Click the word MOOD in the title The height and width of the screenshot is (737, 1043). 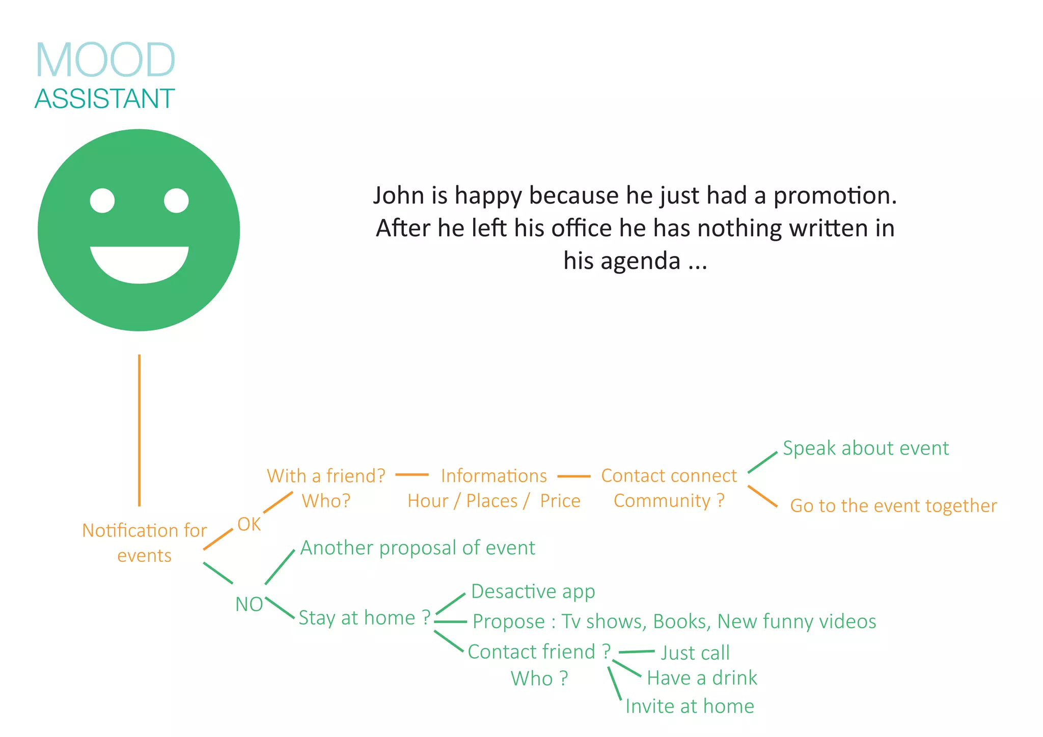(x=105, y=60)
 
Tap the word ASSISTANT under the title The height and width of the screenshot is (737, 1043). (x=104, y=99)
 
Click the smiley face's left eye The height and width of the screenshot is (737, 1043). (x=102, y=201)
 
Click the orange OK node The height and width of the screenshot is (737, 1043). (x=249, y=524)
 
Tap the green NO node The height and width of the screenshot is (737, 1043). (x=249, y=605)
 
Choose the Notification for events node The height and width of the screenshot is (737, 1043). (x=144, y=543)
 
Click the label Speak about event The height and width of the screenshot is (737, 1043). (x=865, y=448)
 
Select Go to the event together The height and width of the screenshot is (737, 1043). (x=893, y=506)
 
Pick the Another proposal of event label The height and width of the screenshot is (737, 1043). (x=418, y=548)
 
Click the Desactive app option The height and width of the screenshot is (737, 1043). (x=533, y=591)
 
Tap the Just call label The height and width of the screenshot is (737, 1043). (x=695, y=653)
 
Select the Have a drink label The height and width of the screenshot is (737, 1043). (x=702, y=678)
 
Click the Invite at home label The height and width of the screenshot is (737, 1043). (x=690, y=706)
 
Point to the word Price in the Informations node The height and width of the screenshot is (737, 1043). (x=560, y=501)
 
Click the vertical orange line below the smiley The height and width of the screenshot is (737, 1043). (x=139, y=430)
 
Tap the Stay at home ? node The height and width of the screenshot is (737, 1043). (x=364, y=618)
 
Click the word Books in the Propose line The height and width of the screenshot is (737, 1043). (x=679, y=622)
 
